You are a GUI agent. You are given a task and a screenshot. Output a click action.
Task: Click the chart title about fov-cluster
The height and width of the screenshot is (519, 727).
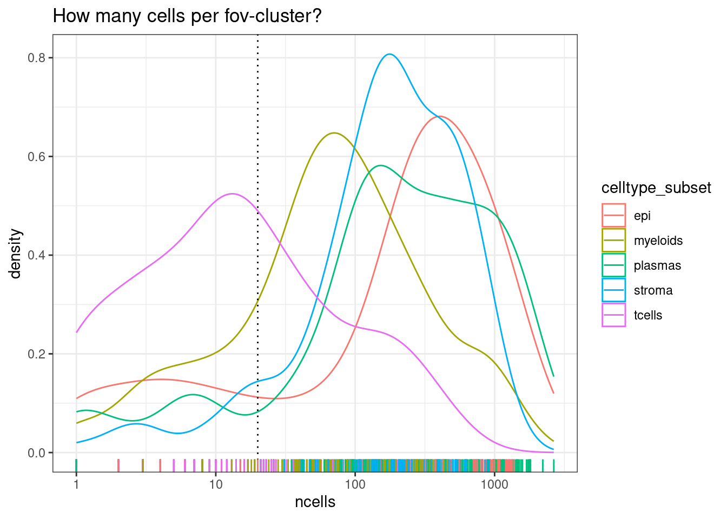point(187,16)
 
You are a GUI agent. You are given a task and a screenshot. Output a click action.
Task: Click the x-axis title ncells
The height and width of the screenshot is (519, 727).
point(315,502)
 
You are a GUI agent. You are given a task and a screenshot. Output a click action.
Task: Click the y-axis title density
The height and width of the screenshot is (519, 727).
point(16,254)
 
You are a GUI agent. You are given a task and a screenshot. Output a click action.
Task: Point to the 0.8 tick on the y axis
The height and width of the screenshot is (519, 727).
point(36,58)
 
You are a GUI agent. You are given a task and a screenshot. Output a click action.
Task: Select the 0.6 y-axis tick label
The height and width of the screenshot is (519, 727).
point(36,157)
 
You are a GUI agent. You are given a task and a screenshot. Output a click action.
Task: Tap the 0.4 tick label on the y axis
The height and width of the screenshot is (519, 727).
point(36,255)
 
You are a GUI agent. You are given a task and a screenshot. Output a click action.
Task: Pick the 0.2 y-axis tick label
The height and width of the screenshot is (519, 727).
point(36,354)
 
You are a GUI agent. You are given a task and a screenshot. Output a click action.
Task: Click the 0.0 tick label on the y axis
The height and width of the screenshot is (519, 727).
point(36,453)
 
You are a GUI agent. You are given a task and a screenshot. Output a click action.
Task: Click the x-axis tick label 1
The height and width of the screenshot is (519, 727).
point(76,484)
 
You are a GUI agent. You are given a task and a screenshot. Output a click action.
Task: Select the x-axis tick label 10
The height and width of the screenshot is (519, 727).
point(215,484)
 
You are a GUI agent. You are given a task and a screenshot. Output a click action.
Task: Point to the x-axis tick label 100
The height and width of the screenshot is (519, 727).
point(355,484)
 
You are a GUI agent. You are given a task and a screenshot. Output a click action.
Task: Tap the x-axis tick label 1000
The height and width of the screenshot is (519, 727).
point(494,484)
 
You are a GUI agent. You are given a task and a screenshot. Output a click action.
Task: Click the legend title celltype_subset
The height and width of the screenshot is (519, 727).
point(656,188)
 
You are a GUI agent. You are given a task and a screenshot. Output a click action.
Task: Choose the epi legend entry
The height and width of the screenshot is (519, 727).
point(642,216)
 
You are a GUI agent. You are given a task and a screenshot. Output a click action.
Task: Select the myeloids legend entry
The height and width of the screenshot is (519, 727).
point(658,241)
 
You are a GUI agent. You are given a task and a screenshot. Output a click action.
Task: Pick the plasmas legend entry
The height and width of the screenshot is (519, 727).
point(657,265)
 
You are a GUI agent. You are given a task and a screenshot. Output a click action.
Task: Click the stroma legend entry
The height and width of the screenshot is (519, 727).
point(653,290)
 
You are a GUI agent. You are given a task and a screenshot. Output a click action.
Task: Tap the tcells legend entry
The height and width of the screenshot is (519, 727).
point(647,315)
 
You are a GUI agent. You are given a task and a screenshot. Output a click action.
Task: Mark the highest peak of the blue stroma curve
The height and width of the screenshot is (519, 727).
point(389,54)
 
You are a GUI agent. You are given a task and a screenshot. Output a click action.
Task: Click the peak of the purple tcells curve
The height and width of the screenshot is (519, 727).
point(232,194)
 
